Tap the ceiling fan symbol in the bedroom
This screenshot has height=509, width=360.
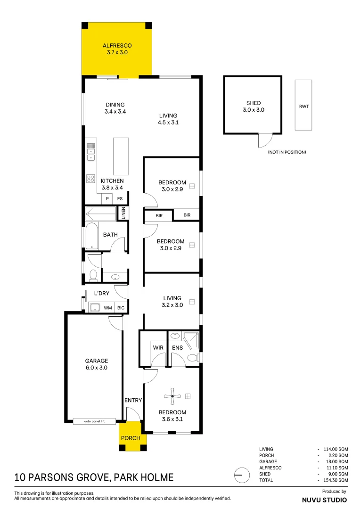coord(172,396)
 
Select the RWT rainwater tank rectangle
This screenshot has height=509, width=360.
coord(303,105)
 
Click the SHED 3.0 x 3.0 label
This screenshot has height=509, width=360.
coord(253,106)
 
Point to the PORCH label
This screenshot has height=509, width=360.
coord(131,438)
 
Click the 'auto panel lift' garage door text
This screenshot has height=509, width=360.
coord(94,421)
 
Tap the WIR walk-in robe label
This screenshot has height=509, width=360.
coord(157,348)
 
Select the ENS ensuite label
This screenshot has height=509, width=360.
coord(178,348)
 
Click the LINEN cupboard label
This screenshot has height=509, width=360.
coord(123,213)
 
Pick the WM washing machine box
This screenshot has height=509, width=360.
coord(108,308)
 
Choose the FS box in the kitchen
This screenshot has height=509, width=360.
coord(120,198)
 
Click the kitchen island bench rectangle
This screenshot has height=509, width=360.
coord(121,156)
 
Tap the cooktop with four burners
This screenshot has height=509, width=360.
coord(91,179)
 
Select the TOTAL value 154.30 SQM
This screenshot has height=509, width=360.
coord(335,480)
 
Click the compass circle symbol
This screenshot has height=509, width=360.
coord(241,475)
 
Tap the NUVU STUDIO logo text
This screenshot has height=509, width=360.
coord(324,500)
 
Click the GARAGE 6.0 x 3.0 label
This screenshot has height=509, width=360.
coord(97,364)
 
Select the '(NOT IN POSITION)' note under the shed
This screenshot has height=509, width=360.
coord(286,152)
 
